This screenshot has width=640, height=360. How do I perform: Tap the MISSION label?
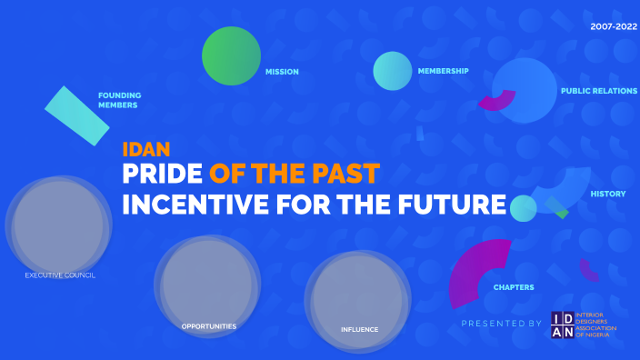coord(282,72)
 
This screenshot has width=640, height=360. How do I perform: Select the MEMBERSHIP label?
coord(443,71)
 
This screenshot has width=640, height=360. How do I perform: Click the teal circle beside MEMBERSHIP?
coord(393,71)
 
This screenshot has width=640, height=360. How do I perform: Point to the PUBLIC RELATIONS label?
coord(599,91)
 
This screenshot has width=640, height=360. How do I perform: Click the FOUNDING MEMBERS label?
coord(118,100)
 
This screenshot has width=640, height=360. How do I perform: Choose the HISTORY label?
coord(608,194)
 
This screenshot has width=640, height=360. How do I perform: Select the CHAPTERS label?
coord(514,287)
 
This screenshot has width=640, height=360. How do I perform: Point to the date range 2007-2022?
coord(614,26)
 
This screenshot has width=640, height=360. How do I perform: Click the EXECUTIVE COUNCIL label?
coord(60,275)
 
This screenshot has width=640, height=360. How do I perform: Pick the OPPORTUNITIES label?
coord(209,325)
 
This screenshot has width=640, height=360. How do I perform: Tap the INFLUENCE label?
coord(359,329)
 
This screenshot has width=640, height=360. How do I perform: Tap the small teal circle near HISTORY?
coord(523,208)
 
